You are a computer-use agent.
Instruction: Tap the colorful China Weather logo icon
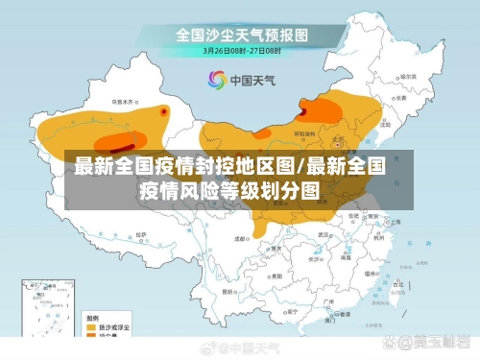tap(215, 80)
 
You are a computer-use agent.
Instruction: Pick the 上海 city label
tap(395, 220)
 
